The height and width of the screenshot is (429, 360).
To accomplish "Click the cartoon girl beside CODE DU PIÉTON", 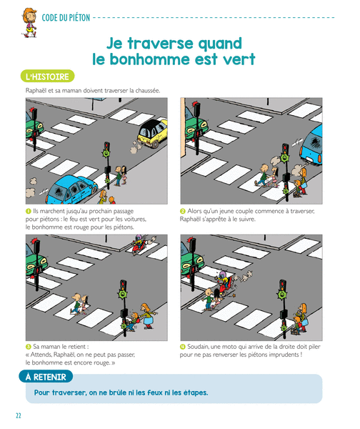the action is (29, 23).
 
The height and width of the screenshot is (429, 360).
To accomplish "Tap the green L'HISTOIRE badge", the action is (47, 77).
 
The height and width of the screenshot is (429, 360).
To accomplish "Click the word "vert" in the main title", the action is (239, 59).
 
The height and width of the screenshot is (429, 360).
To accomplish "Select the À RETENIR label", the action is (46, 377).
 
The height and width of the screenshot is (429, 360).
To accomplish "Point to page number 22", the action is (19, 415).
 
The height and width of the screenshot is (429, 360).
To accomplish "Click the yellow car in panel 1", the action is (151, 133).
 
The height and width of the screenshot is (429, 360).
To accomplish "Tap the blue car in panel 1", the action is (71, 190).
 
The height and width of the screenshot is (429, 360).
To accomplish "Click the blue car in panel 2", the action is (311, 146).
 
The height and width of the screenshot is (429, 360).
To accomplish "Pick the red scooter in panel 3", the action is (139, 246).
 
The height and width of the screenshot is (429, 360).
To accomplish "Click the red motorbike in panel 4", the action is (226, 284).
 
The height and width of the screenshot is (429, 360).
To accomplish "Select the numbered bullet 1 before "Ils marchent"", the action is (28, 211).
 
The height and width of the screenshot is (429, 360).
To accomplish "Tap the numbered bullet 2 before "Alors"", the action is (183, 211).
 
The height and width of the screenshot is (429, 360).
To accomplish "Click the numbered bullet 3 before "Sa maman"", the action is (28, 347).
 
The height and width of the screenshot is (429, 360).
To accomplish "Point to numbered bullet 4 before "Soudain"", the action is (183, 347).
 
